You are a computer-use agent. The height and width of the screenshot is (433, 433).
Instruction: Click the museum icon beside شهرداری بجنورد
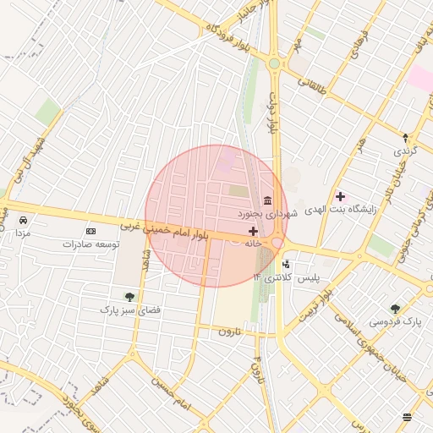pos(267,200)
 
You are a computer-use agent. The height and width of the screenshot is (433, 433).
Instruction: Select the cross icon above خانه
pos(253,230)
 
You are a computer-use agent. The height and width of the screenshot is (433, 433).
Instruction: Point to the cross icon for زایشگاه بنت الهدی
pos(340,196)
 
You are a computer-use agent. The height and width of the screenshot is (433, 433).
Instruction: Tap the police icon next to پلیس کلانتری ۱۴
pos(285,265)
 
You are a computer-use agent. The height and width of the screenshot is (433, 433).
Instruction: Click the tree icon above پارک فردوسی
pos(395,309)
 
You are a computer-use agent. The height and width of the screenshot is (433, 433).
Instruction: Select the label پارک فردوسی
pos(395,322)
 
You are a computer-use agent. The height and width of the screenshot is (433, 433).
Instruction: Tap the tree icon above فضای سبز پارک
pos(129,297)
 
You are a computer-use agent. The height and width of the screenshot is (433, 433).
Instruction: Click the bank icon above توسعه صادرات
pos(91,231)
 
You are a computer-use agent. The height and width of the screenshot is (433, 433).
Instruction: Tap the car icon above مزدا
pos(20,220)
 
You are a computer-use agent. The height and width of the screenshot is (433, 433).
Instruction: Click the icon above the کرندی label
pos(404,138)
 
